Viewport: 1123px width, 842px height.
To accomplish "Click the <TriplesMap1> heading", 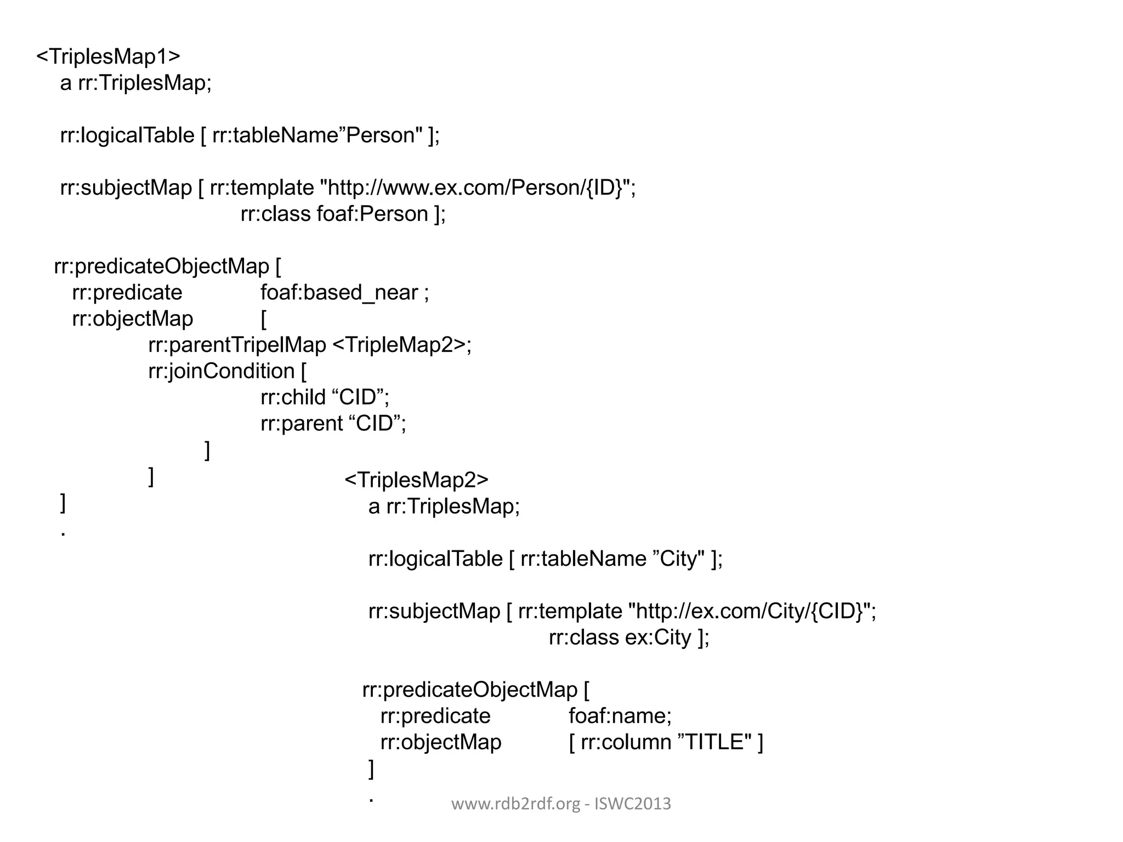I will (108, 56).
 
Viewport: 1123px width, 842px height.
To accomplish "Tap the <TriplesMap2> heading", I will (416, 480).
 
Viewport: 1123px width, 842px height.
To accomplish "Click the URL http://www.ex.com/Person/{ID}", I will (475, 188).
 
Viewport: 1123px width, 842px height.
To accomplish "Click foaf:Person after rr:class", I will (373, 214).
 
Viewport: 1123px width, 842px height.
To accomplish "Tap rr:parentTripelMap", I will (237, 345).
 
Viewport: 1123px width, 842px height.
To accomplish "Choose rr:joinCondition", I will (222, 371).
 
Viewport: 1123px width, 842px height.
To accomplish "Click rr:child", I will (293, 397).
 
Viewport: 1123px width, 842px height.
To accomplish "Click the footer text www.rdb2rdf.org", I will (515, 804).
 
